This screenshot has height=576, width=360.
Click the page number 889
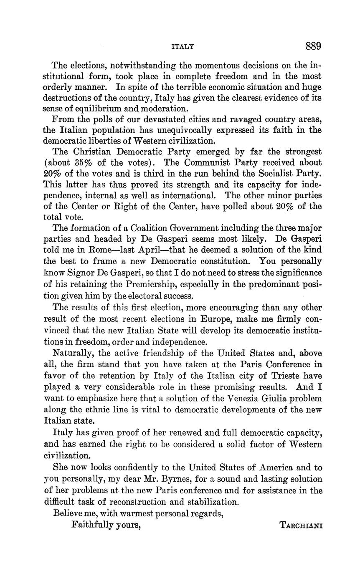313,46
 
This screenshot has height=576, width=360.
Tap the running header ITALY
183,47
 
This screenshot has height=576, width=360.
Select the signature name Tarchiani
301,525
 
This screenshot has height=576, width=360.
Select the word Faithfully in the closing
92,525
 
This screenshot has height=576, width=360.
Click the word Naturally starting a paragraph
71,353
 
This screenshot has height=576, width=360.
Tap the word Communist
198,162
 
